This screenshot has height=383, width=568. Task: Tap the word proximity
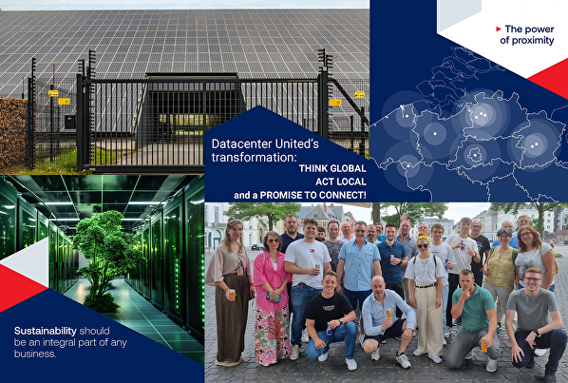coord(521,40)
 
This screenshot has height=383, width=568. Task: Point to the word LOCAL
coord(348,181)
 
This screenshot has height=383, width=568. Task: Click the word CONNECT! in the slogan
coord(341,194)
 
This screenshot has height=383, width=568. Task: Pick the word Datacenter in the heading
coord(237,143)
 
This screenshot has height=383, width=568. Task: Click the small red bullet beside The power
coord(500,29)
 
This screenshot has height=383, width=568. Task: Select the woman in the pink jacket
coord(272,285)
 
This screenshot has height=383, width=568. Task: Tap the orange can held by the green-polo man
coord(483,345)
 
